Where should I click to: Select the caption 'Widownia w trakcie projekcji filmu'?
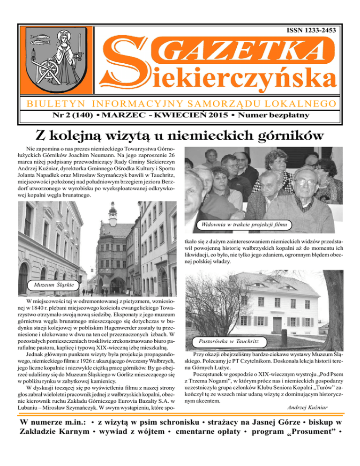click(x=242, y=225)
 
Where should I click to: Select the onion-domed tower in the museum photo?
click(x=112, y=213)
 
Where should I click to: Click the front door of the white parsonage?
click(x=277, y=324)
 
